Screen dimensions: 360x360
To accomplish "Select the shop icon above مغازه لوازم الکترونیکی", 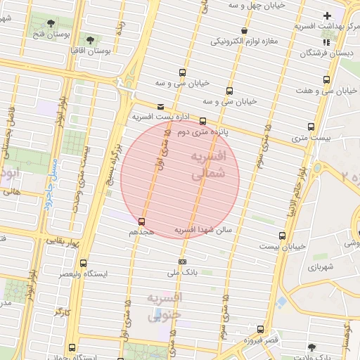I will click(244, 30).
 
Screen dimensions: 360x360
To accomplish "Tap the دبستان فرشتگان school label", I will click(325, 53).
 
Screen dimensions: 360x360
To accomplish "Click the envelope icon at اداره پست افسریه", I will click(161, 107).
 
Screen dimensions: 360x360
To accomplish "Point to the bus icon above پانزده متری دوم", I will click(203, 121).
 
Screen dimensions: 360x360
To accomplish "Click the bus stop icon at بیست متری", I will click(311, 127).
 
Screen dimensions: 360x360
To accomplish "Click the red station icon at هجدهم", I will click(142, 222).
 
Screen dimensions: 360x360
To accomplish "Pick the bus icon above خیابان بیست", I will click(282, 235).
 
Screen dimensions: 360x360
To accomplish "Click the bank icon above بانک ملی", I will click(182, 262).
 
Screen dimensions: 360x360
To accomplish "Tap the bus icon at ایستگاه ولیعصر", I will click(84, 263).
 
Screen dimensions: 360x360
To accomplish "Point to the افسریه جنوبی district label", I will click(165, 307).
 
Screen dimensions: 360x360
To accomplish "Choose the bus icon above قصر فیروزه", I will click(261, 329).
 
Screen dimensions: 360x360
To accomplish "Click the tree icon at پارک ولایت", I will click(311, 347).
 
